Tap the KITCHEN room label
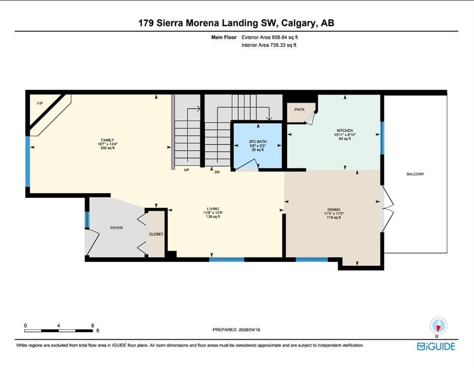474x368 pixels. coord(345,131)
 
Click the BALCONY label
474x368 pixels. coord(416,174)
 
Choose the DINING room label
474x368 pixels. coord(334,209)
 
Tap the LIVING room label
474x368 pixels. coord(212,209)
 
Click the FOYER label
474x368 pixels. coord(116,228)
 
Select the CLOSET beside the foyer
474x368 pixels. coord(156,234)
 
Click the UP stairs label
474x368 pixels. coord(187,170)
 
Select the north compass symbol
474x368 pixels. coord(439,326)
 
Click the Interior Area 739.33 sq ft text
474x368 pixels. coord(269,45)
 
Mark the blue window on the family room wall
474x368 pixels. coord(28,161)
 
